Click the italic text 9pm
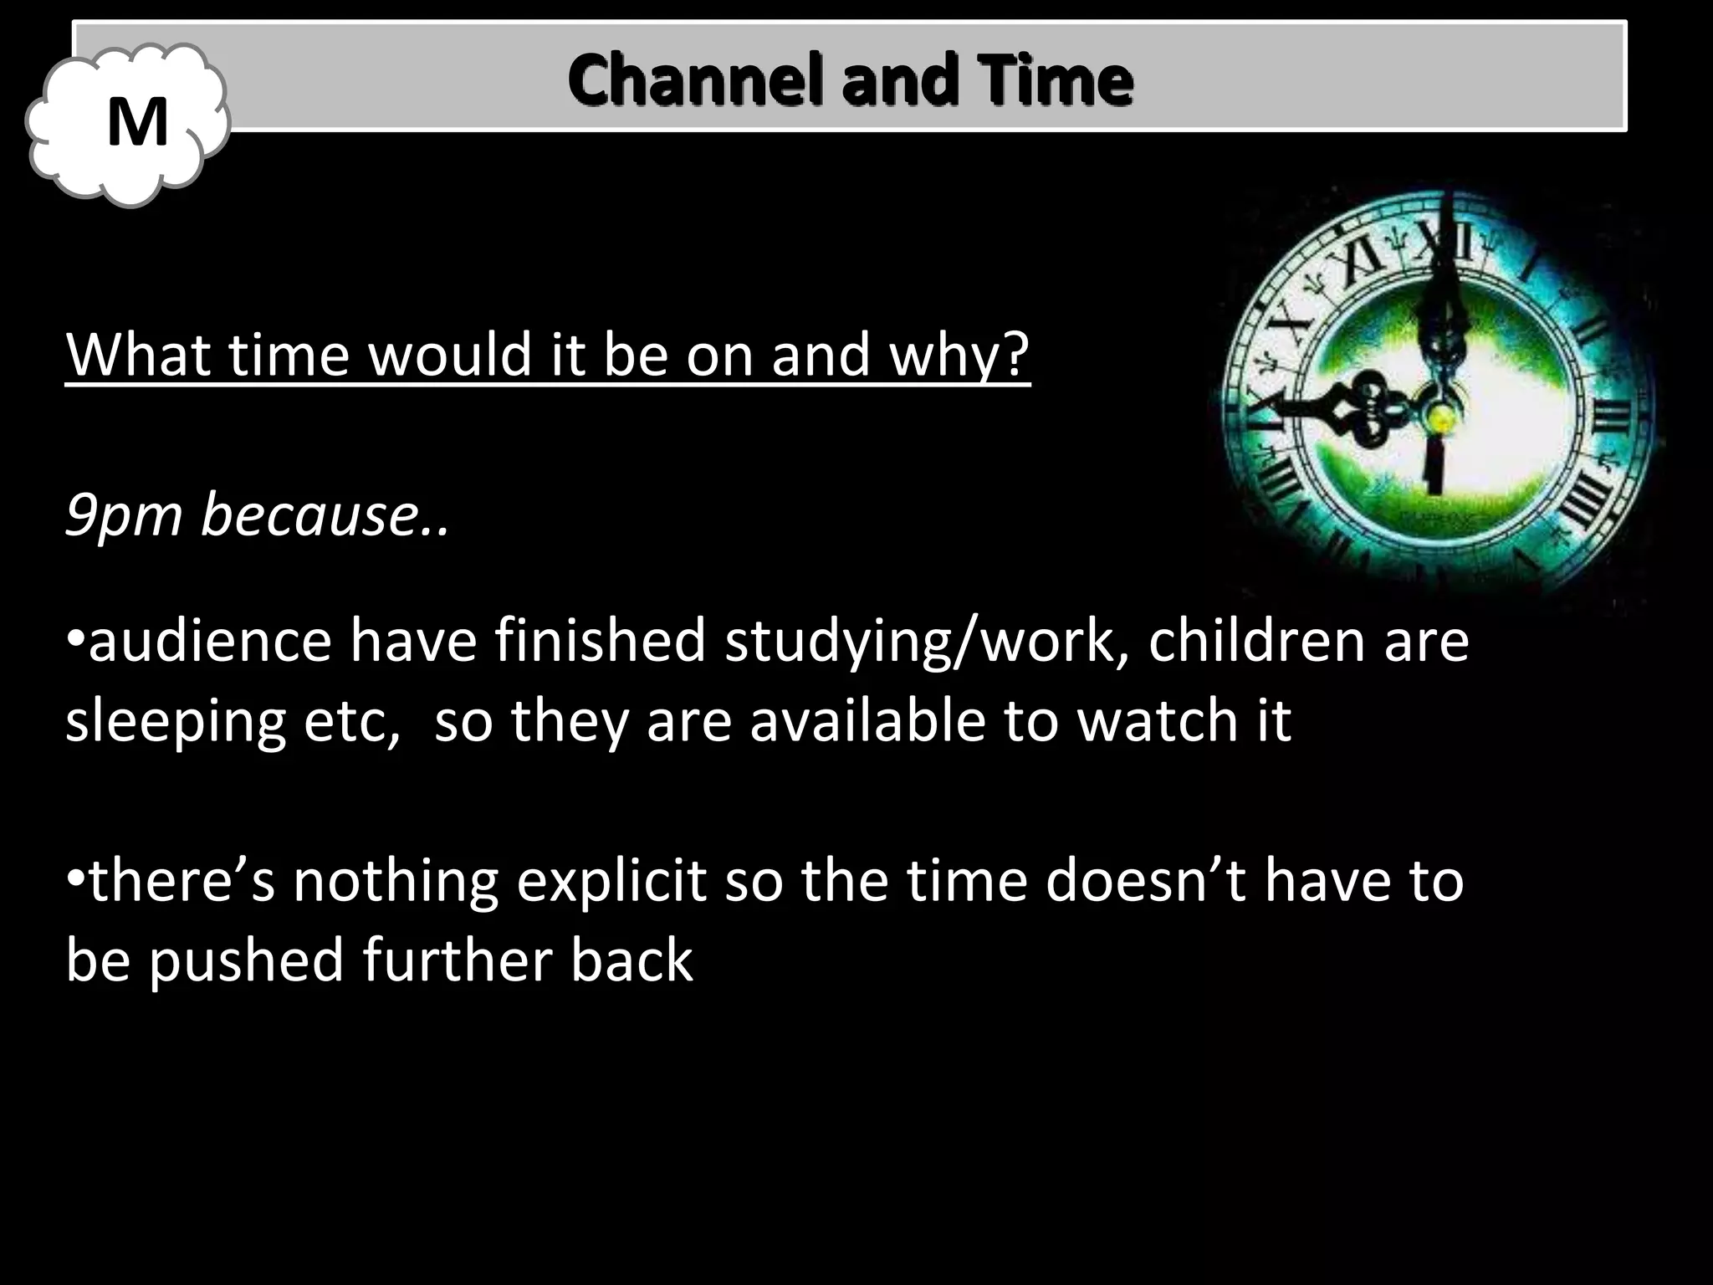tap(123, 515)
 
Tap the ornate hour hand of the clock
tap(1355, 410)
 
